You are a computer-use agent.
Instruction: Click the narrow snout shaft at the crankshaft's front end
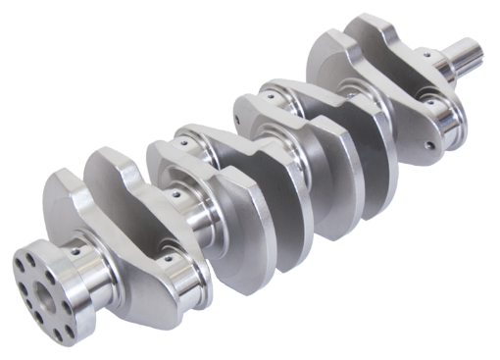[464, 55]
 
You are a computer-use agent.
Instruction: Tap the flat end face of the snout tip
[477, 43]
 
